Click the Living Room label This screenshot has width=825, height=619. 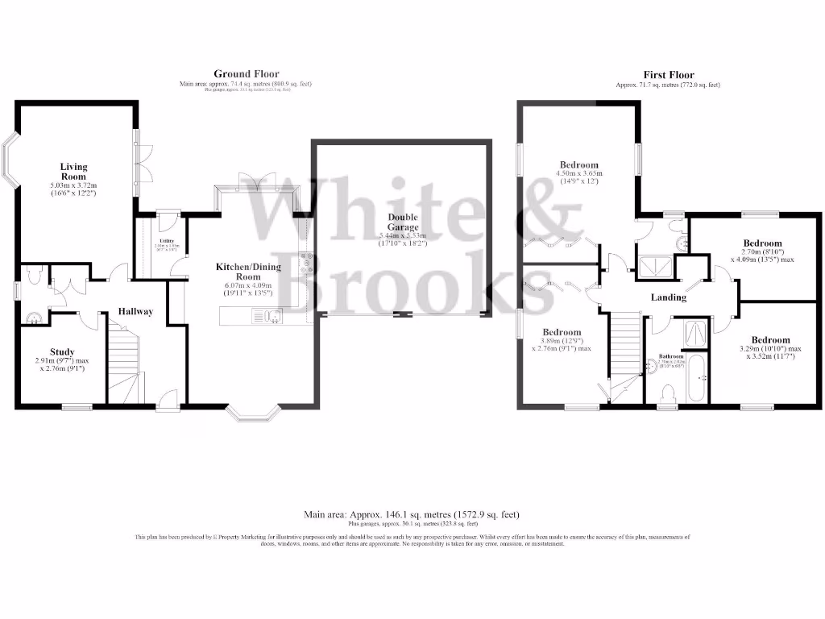73,172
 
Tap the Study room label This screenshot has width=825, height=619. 62,351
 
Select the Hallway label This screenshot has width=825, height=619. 136,311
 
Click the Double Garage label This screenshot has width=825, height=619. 402,222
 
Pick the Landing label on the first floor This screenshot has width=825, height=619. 668,297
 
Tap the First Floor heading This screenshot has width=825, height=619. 667,75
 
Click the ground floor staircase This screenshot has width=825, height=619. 124,359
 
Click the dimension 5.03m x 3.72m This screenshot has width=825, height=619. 73,185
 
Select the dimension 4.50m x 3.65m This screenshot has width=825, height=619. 579,173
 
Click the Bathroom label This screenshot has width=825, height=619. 670,356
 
